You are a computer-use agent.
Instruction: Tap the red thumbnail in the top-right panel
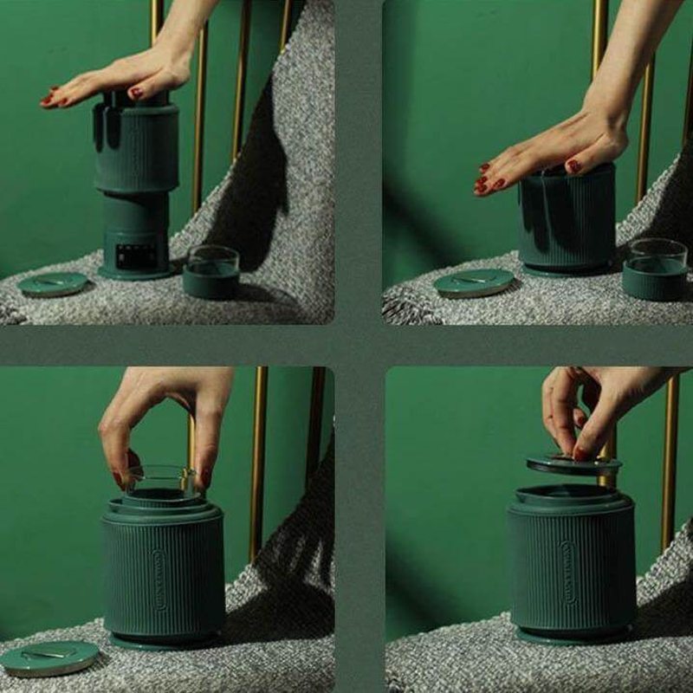tap(573, 166)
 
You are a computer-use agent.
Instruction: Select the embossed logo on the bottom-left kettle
tap(159, 577)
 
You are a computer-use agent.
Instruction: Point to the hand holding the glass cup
tap(165, 416)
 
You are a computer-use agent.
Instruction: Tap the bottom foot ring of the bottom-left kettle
tap(165, 642)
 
